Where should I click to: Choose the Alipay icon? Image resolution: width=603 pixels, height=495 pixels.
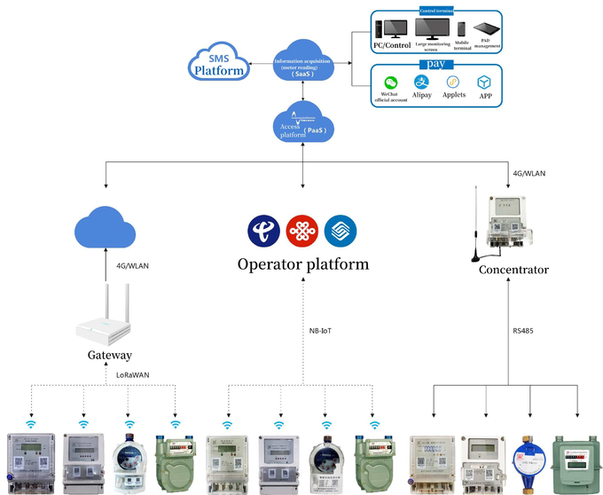click(422, 82)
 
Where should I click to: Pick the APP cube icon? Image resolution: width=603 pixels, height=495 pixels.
click(483, 82)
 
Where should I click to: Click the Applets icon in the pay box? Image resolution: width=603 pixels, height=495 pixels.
click(453, 82)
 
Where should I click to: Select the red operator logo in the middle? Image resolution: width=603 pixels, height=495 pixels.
click(301, 231)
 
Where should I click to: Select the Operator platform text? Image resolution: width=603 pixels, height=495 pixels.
click(302, 264)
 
